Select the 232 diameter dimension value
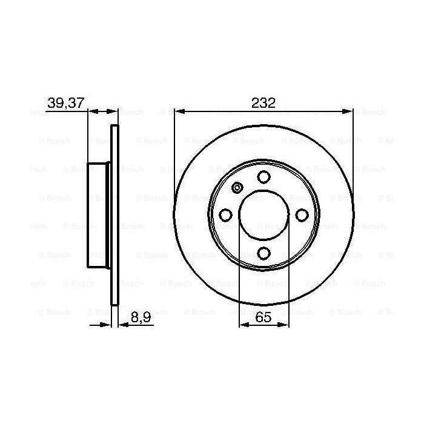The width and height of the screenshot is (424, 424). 263,103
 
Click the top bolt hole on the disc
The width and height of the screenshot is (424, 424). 263,177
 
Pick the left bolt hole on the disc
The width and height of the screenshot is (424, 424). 225,215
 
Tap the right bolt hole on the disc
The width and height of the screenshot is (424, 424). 302,215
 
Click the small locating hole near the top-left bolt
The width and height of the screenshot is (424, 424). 237,188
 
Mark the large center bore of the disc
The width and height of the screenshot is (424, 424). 263,215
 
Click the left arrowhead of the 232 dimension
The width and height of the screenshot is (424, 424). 178,111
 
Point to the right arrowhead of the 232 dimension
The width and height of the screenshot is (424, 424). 348,111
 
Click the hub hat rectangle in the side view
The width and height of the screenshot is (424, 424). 99,215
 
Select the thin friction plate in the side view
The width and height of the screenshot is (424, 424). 114,215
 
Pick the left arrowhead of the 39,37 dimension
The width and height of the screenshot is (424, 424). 92,111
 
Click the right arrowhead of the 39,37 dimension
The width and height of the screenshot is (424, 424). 113,111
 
